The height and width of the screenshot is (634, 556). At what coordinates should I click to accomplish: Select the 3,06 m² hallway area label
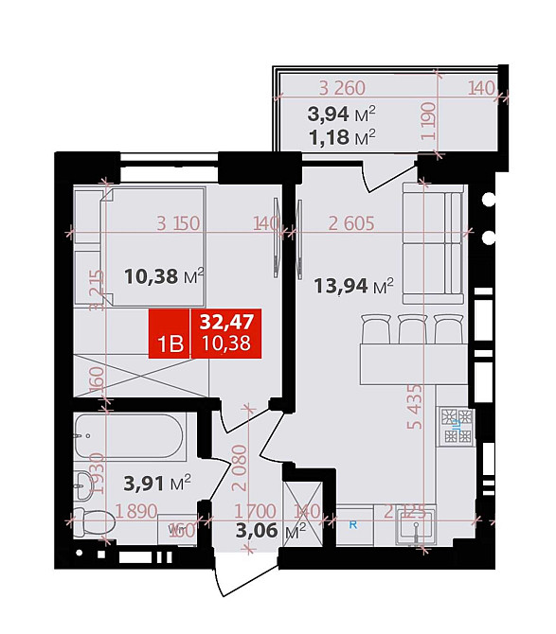click(x=271, y=530)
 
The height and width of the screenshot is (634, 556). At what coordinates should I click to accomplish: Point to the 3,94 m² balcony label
click(x=341, y=114)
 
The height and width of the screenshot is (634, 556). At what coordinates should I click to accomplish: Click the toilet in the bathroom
click(x=92, y=521)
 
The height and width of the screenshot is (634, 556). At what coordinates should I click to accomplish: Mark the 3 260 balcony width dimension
click(x=342, y=89)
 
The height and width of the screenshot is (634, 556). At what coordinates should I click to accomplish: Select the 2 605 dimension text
click(x=351, y=224)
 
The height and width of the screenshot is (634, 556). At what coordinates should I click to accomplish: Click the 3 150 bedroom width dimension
click(x=178, y=224)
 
